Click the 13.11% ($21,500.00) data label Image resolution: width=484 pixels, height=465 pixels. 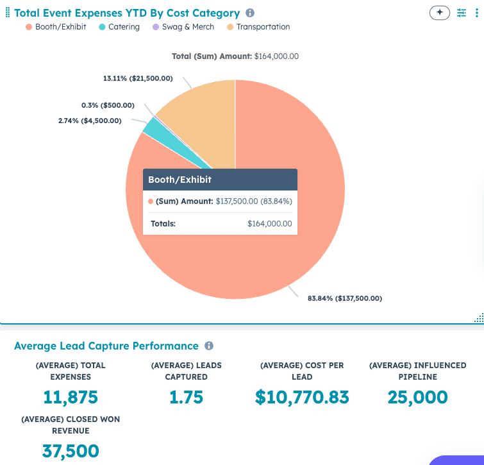pyautogui.click(x=138, y=78)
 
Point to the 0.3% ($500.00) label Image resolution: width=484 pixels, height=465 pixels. pyautogui.click(x=108, y=105)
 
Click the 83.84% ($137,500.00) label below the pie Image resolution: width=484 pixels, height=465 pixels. pyautogui.click(x=345, y=298)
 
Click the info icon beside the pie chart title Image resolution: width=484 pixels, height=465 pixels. pyautogui.click(x=250, y=13)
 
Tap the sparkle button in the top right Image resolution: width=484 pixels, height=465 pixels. pyautogui.click(x=440, y=13)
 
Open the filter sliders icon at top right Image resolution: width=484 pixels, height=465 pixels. pyautogui.click(x=462, y=13)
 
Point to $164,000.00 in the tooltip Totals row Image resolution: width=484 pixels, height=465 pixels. pyautogui.click(x=269, y=224)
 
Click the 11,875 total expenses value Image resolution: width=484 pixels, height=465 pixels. pyautogui.click(x=71, y=397)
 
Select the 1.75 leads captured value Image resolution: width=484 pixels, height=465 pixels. pyautogui.click(x=186, y=397)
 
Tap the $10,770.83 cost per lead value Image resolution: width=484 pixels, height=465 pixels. pyautogui.click(x=302, y=397)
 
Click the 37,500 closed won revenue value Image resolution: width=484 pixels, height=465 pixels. pyautogui.click(x=71, y=451)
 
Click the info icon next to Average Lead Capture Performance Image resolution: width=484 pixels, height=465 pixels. pyautogui.click(x=209, y=346)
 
